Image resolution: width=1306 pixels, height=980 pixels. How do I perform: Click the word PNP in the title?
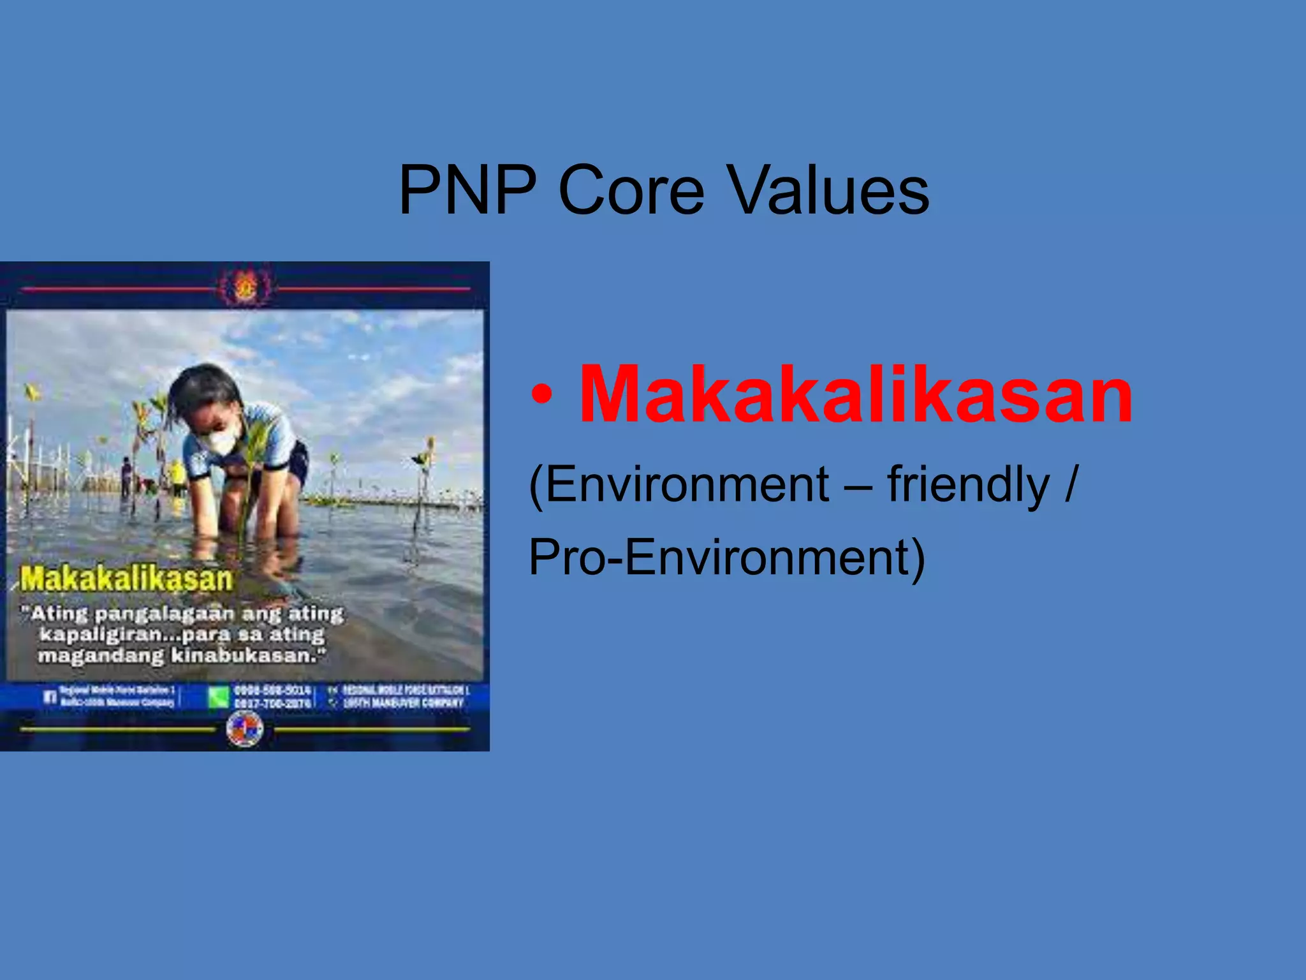467,190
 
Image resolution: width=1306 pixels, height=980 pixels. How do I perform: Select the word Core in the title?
631,190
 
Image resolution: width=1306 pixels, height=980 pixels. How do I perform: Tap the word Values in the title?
828,190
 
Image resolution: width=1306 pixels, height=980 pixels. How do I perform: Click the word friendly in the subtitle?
968,485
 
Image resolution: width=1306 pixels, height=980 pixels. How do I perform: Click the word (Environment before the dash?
679,485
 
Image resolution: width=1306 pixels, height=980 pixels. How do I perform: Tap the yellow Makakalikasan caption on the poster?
126,579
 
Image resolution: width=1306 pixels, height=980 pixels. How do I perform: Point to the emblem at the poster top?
244,288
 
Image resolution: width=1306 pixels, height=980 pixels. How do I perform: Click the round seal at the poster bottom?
244,728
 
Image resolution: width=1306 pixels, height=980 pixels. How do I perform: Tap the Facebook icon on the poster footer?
50,697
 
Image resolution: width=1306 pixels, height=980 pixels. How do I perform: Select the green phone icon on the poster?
218,697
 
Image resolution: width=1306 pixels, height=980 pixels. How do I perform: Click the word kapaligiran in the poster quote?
101,635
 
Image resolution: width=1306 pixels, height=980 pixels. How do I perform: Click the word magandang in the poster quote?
100,656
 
